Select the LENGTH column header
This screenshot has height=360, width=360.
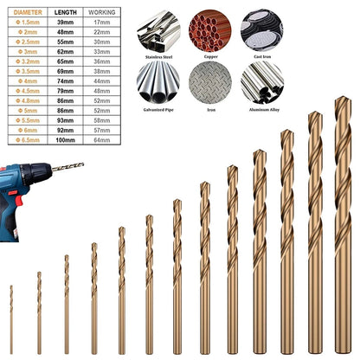(x=65, y=13)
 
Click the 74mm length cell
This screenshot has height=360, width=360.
(x=65, y=80)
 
